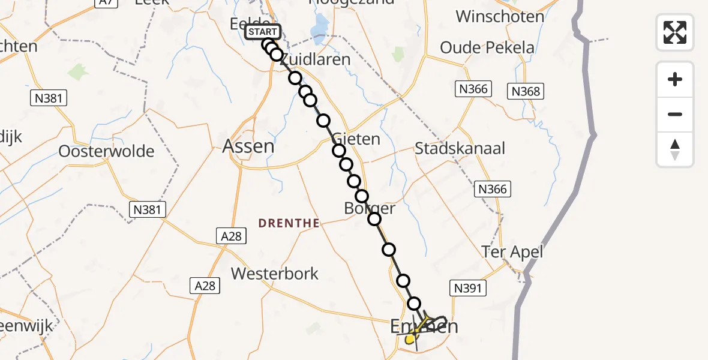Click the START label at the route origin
point(263,32)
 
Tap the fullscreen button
point(675,32)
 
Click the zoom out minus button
point(675,114)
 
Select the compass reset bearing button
point(675,149)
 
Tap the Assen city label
point(248,146)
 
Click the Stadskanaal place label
point(460,148)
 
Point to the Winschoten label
point(500,16)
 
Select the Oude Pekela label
point(487,47)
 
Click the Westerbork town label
point(275,274)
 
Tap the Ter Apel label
point(512,251)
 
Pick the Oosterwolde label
point(106,151)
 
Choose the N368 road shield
point(526,91)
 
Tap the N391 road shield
point(468,289)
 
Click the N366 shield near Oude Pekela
point(474,89)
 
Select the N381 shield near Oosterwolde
point(49,98)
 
